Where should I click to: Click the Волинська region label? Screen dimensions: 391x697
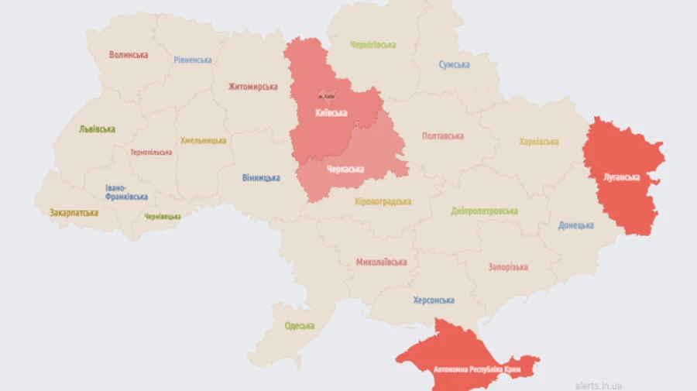129,55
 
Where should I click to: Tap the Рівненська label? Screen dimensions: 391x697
193,60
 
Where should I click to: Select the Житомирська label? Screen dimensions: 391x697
252,87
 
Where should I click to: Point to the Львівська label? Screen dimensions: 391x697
97,129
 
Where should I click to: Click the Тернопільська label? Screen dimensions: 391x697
151,153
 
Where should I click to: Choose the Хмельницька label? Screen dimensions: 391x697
204,141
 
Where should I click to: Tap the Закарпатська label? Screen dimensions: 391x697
74,212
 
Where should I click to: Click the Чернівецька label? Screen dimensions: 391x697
163,217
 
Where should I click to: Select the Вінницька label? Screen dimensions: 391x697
261,177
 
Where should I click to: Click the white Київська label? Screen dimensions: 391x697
331,113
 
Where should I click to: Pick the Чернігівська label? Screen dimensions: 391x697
373,45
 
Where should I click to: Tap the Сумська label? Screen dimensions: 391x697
454,65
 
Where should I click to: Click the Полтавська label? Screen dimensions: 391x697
443,136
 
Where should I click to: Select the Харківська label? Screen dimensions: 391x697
538,142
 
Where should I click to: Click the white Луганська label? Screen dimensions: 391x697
622,177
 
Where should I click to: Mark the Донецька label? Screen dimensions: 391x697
576,225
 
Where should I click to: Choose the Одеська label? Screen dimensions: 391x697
299,326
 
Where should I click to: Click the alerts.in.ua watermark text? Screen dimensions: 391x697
598,385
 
